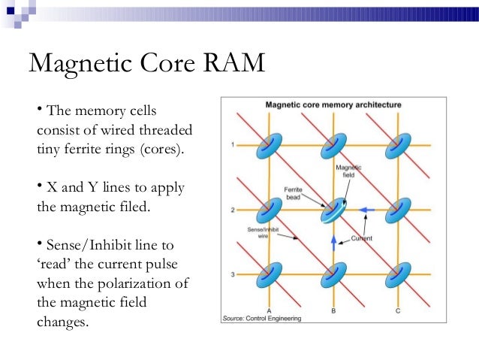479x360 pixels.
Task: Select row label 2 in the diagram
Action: [233, 209]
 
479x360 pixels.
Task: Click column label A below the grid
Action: [269, 310]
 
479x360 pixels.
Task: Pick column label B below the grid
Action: [333, 310]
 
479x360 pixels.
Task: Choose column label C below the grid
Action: [397, 310]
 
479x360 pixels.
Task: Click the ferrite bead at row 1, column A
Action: [268, 146]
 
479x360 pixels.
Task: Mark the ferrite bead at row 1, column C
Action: [397, 146]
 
